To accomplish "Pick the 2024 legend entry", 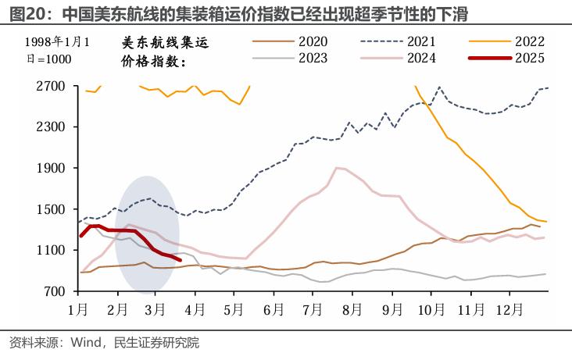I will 422,59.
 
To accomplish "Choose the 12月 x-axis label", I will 513,308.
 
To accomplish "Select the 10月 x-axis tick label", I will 433,308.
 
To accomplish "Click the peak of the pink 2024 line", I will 338,167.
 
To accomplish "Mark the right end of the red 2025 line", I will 181,260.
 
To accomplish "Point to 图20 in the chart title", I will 22,15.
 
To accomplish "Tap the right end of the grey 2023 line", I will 545,274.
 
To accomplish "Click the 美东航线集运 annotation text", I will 166,43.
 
